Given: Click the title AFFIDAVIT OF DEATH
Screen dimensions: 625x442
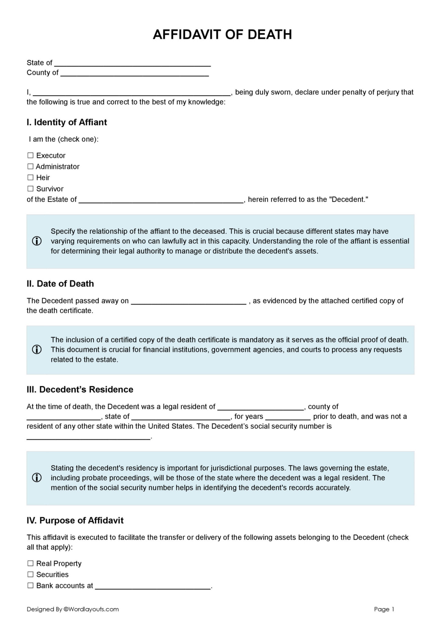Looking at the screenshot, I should (222, 34).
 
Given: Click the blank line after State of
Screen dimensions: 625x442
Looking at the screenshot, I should (132, 63).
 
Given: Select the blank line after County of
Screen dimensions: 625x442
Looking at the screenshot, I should (134, 73).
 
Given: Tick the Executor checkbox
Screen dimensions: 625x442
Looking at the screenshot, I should (31, 155).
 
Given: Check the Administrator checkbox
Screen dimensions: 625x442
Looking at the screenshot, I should (31, 166).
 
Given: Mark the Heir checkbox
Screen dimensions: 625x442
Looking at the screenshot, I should (31, 177).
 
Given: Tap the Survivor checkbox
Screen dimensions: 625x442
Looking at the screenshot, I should (31, 189).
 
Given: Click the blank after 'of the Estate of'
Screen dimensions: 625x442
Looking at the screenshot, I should (161, 200).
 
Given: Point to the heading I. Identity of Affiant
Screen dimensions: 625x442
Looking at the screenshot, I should (67, 122).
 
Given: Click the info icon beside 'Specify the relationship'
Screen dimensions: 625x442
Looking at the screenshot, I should (37, 241).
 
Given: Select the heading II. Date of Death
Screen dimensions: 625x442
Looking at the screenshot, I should (60, 284).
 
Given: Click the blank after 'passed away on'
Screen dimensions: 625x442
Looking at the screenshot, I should (188, 302).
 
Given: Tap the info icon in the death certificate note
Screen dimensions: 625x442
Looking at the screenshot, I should (37, 349).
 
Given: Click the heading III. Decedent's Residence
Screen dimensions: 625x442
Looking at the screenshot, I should (80, 390).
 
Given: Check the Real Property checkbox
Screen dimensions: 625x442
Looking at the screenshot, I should (31, 563).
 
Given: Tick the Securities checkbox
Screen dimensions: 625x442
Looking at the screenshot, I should (31, 574).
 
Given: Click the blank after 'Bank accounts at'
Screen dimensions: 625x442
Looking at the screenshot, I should (153, 586).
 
